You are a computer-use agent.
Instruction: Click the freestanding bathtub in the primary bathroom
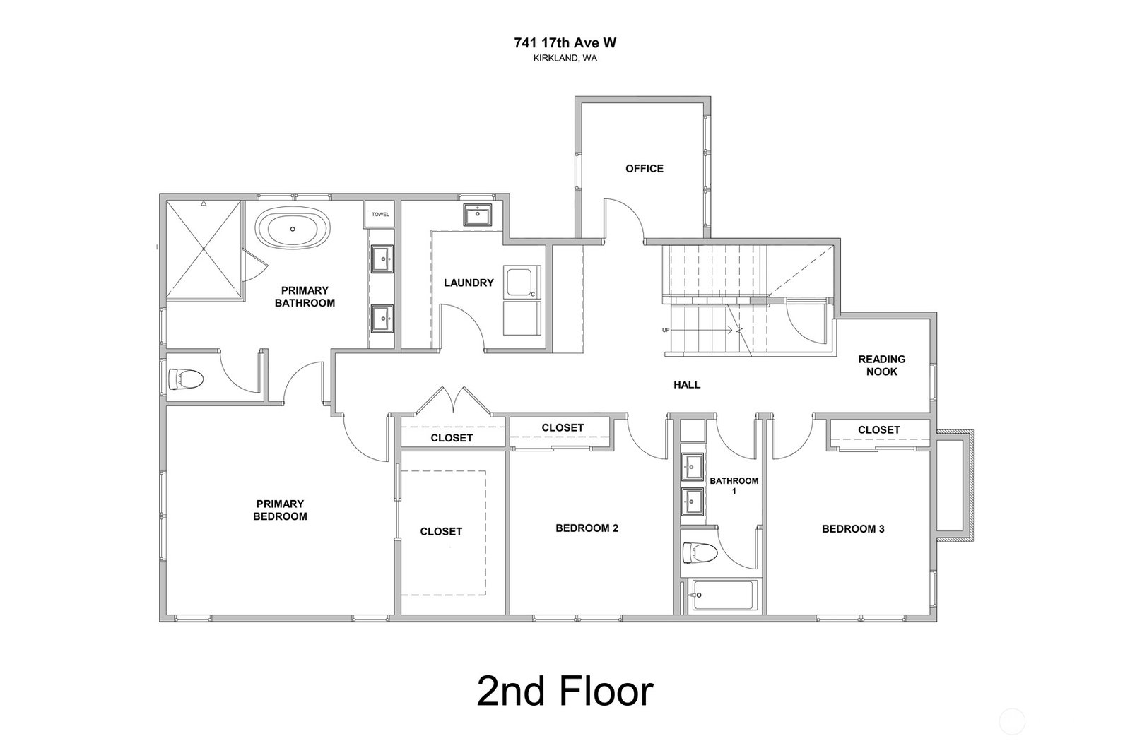click(293, 230)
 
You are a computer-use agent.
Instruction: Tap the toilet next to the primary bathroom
click(186, 379)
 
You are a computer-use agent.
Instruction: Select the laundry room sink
click(477, 215)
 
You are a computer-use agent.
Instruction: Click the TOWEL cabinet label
click(380, 214)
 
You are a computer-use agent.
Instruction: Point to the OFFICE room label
click(645, 168)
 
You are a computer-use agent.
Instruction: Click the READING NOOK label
click(882, 366)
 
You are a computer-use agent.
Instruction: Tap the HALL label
click(687, 385)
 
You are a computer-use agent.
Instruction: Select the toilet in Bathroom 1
click(700, 553)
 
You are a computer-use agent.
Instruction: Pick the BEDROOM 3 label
click(853, 529)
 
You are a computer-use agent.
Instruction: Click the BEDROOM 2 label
click(587, 528)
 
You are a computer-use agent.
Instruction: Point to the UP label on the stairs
click(666, 331)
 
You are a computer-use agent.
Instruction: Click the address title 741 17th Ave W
click(565, 43)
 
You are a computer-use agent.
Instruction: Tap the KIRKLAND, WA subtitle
click(565, 58)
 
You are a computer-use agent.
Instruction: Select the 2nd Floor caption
click(565, 692)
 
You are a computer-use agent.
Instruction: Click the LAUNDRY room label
click(469, 283)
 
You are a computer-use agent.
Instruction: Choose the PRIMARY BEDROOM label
click(280, 510)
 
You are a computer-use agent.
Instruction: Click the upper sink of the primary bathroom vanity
click(382, 259)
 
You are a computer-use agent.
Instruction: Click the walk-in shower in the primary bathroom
click(204, 249)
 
